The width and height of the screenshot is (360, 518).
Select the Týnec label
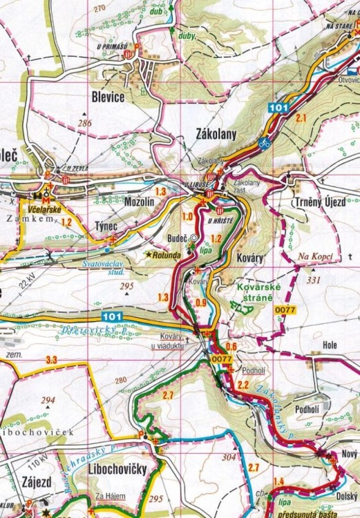click(108, 226)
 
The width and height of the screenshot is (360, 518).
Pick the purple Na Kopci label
click(316, 256)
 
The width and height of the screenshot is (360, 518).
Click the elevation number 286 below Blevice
click(85, 123)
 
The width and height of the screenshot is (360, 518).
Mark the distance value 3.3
click(50, 360)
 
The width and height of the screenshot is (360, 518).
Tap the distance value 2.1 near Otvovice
click(300, 118)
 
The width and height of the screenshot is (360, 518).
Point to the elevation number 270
click(100, 8)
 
